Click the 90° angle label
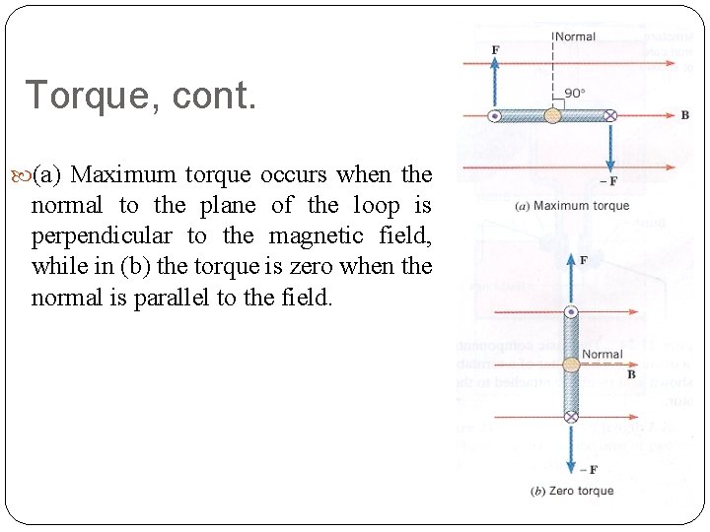click(x=575, y=93)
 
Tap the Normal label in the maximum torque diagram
click(x=576, y=36)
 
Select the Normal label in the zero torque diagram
click(x=602, y=355)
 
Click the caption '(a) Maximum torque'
click(x=572, y=206)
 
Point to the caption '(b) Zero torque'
click(x=572, y=491)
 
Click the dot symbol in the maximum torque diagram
click(x=495, y=115)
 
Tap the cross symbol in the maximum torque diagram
click(x=610, y=115)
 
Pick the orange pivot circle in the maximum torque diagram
click(x=553, y=115)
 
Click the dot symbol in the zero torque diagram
click(x=571, y=313)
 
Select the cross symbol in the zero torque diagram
click(x=571, y=417)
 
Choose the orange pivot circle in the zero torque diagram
click(x=571, y=366)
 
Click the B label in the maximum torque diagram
click(x=684, y=115)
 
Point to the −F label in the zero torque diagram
click(x=590, y=469)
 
